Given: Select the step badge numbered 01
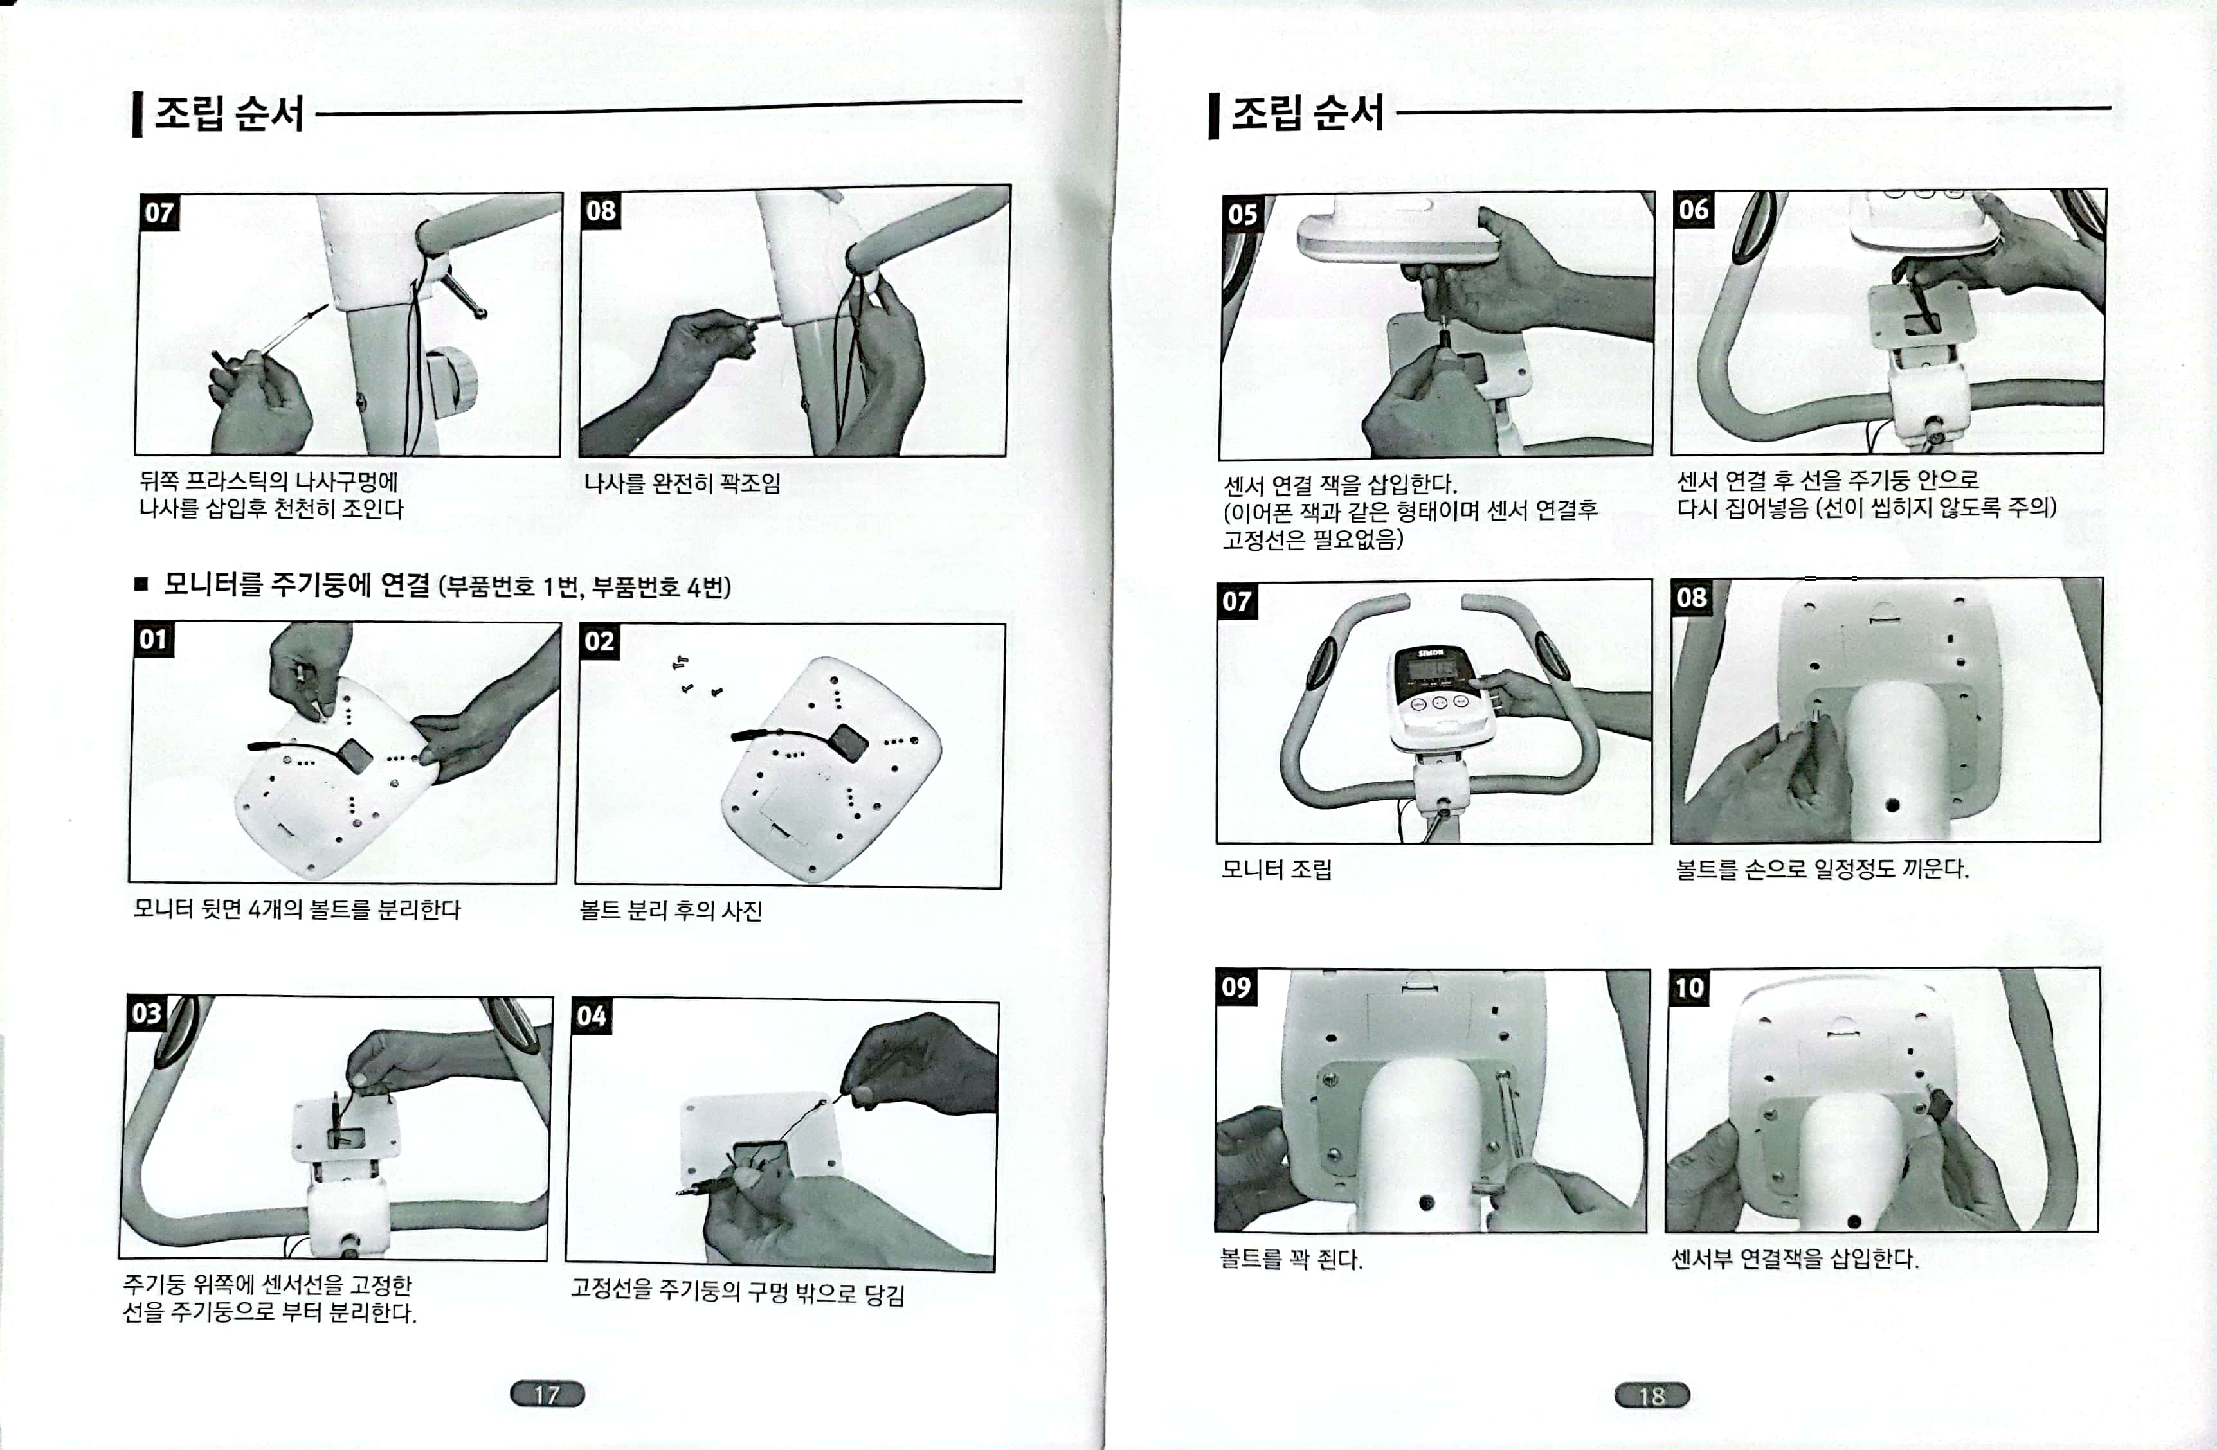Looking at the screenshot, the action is pos(153,640).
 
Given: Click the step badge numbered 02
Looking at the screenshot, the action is pos(599,641).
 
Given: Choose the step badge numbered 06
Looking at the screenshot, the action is pos(1694,210).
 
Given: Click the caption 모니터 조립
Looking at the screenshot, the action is pos(1277,870).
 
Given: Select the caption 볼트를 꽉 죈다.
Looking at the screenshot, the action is pos(1291,1260).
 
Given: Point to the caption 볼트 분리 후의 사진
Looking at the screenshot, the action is pos(671,910).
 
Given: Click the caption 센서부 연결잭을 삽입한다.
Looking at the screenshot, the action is pos(1795,1259).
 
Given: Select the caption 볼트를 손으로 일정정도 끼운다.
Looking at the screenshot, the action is pos(1822,870).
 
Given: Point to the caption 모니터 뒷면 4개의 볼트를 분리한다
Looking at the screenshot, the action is pos(297,909).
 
